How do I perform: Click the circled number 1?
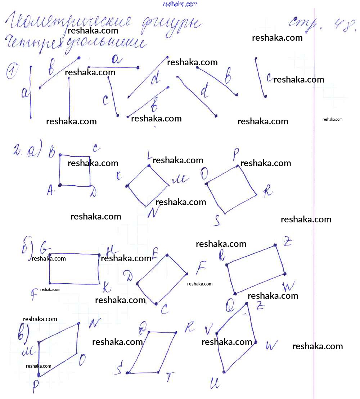pyautogui.click(x=12, y=71)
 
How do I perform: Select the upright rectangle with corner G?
pyautogui.click(x=74, y=269)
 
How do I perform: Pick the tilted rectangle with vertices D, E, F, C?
pyautogui.click(x=162, y=280)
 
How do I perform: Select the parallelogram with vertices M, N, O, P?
pyautogui.click(x=58, y=350)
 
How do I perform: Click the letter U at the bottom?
pyautogui.click(x=215, y=384)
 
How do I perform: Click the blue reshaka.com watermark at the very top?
pyautogui.click(x=180, y=4)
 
